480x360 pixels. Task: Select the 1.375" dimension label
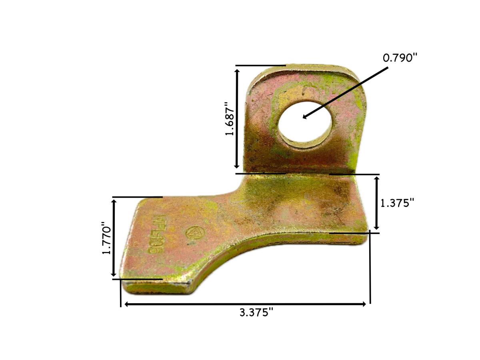click(396, 203)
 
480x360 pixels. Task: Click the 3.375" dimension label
click(256, 313)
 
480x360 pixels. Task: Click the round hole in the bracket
click(305, 122)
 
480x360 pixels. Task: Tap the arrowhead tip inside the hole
click(304, 118)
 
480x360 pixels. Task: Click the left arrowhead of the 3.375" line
click(126, 304)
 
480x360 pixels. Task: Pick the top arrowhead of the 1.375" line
click(376, 178)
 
